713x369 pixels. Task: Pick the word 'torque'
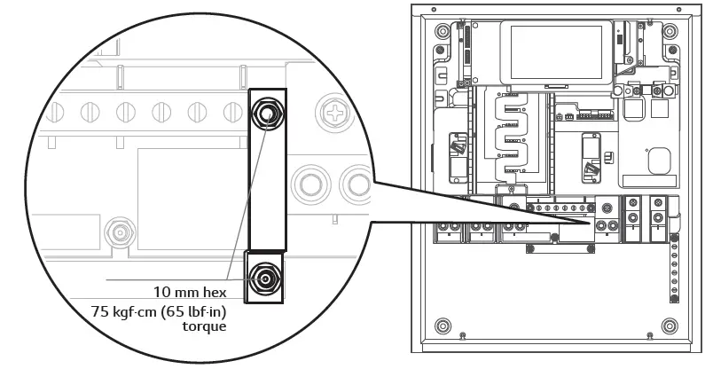click(205, 326)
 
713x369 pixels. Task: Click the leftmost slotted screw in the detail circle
click(57, 113)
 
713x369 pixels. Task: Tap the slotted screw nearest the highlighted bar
click(233, 113)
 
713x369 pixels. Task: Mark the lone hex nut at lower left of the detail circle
click(117, 232)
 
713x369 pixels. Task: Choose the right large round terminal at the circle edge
click(356, 184)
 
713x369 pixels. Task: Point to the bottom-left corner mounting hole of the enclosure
click(443, 322)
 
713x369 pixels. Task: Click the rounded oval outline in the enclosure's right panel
click(658, 161)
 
